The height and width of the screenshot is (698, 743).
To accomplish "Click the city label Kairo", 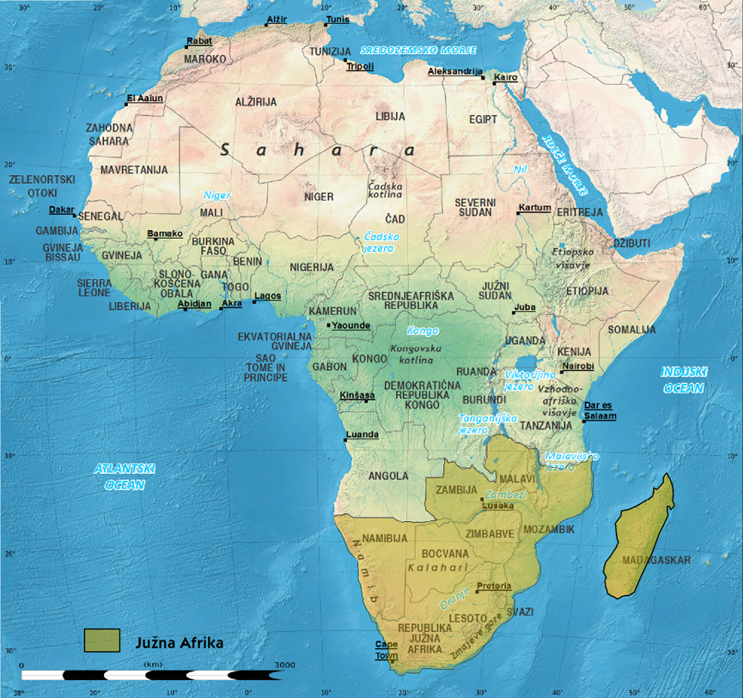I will click(507, 78).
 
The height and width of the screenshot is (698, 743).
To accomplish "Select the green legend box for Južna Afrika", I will click(101, 640).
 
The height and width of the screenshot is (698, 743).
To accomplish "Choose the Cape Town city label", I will click(386, 650).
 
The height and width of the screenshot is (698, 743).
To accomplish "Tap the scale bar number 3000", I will click(284, 665).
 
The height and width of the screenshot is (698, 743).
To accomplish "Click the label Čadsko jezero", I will click(378, 242).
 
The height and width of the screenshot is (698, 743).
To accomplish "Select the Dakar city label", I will click(61, 209).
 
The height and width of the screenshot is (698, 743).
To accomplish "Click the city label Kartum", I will click(535, 208).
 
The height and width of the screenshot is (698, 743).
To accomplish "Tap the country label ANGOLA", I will click(388, 476).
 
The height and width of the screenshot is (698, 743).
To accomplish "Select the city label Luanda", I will click(362, 434).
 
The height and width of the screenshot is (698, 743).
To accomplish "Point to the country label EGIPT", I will click(483, 119).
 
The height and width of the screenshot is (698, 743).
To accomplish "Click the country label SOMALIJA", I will click(631, 330).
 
